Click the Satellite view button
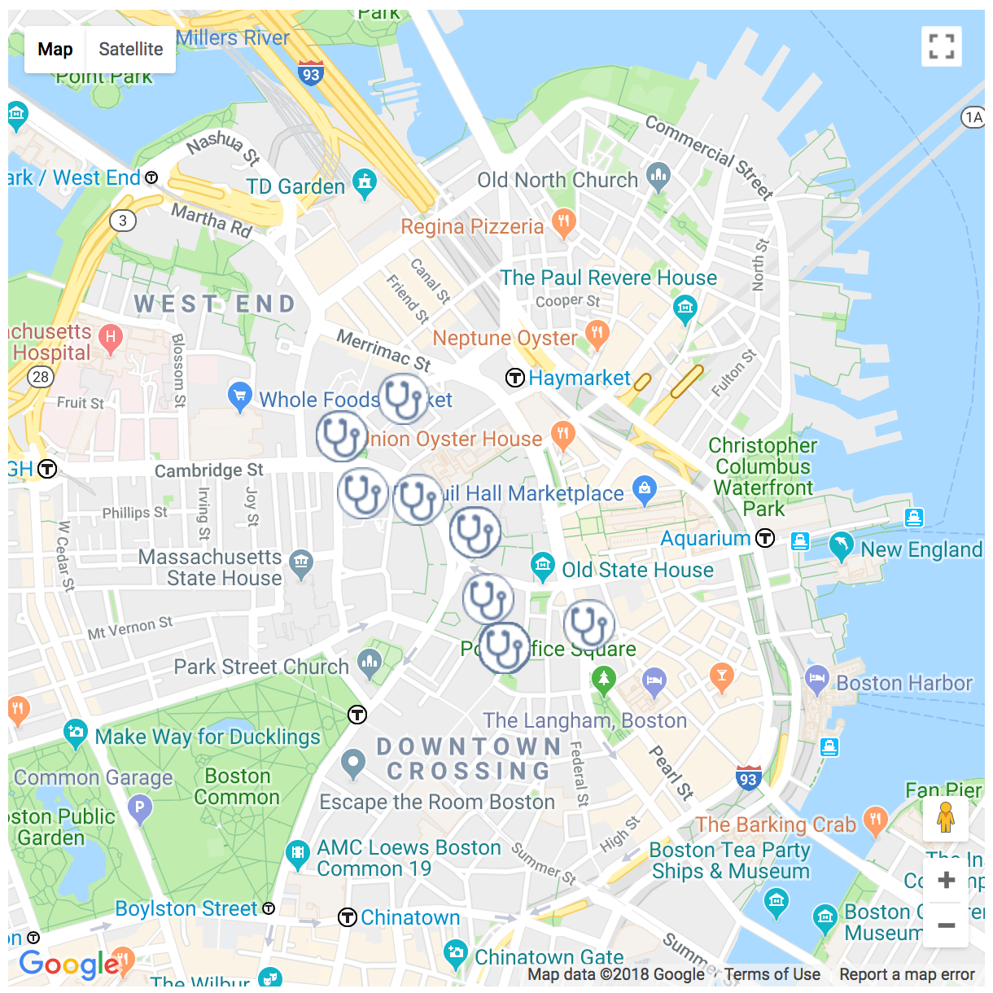click(130, 50)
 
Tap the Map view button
click(55, 50)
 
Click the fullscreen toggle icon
click(942, 46)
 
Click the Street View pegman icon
click(946, 817)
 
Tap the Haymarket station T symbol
click(514, 378)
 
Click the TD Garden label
click(295, 186)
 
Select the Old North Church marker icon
click(658, 176)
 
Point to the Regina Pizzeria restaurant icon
click(563, 221)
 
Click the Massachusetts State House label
click(210, 567)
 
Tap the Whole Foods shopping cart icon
click(239, 396)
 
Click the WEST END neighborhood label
click(215, 304)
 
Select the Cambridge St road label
click(209, 470)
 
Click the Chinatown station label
click(410, 917)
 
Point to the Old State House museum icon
click(542, 565)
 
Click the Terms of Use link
click(772, 974)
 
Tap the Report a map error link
click(907, 974)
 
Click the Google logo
click(68, 965)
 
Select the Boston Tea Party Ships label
click(730, 860)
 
